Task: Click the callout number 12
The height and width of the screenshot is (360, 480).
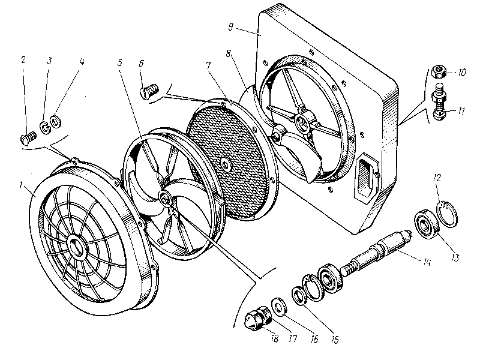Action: coord(437,178)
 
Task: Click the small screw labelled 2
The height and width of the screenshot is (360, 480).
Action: coord(25,139)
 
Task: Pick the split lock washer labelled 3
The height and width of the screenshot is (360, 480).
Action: coord(44,126)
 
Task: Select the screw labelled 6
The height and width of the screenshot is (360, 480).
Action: coord(148,92)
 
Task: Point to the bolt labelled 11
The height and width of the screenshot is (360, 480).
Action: coord(437,103)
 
